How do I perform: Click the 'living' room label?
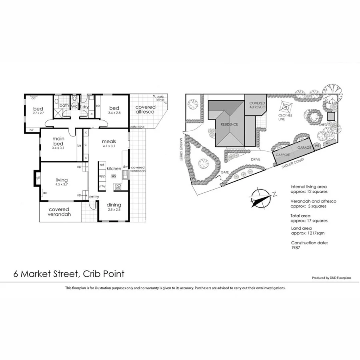(62, 180)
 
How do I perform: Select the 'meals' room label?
(108, 141)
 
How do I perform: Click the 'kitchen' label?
(114, 169)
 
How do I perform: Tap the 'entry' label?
(94, 196)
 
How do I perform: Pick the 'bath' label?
(64, 106)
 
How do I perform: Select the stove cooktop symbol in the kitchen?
(118, 186)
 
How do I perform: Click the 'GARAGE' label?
(304, 148)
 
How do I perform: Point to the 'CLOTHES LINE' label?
(286, 117)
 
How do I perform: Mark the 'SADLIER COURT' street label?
(293, 160)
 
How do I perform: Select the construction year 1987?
(296, 248)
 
